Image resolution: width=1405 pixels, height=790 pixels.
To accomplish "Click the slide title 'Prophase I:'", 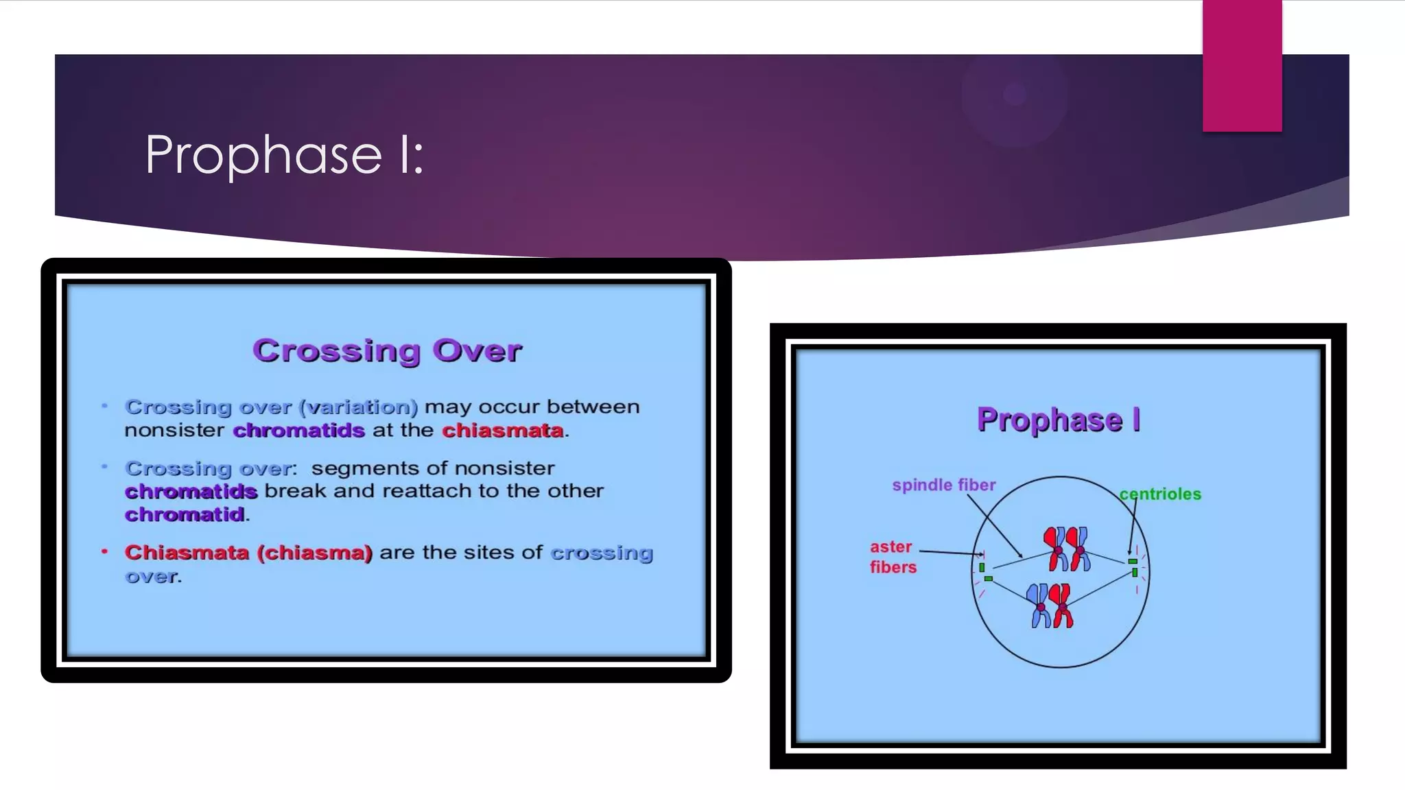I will (x=284, y=155).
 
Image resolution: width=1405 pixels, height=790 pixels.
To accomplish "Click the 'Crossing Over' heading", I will (x=387, y=350).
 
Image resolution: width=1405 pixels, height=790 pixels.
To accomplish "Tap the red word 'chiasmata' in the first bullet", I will (x=503, y=431).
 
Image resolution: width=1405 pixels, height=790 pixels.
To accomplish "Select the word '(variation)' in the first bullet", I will (x=358, y=407).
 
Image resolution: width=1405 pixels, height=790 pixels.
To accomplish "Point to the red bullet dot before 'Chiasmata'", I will (x=104, y=551).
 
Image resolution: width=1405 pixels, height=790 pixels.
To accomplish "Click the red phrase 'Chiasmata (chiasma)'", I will (x=248, y=553).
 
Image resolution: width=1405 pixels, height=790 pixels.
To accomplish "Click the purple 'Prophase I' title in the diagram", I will (x=1059, y=420).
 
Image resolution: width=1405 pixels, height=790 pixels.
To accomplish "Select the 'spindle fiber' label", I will (x=943, y=485).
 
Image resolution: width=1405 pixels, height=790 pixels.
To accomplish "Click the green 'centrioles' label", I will (x=1160, y=494).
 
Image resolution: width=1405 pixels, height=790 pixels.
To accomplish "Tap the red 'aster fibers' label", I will (x=892, y=557).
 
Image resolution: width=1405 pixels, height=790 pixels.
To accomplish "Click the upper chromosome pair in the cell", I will (x=1067, y=549).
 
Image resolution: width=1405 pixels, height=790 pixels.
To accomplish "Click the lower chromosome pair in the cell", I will (x=1050, y=606).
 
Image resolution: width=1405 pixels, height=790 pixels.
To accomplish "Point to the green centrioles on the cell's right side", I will (x=1133, y=566).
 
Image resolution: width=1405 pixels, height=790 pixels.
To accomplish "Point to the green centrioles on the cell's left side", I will (x=984, y=572).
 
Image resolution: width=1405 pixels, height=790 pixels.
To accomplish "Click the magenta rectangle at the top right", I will (x=1242, y=65).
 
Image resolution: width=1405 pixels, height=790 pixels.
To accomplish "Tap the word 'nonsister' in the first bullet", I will (x=174, y=431).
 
